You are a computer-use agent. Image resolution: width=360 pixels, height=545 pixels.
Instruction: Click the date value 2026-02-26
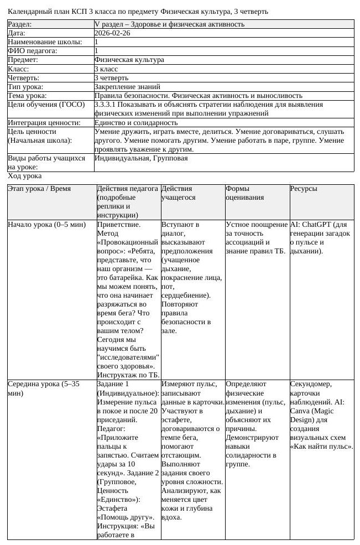pyautogui.click(x=112, y=33)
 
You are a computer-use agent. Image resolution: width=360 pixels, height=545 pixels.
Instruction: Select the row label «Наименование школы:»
pyautogui.click(x=45, y=42)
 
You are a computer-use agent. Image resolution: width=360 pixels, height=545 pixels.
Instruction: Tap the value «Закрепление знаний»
pyautogui.click(x=127, y=87)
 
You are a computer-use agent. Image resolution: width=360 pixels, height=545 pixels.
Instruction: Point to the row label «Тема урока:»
pyautogui.click(x=28, y=96)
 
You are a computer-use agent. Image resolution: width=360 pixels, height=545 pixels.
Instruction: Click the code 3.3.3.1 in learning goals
pyautogui.click(x=105, y=105)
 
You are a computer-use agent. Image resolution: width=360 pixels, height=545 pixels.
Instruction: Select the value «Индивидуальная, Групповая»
pyautogui.click(x=141, y=158)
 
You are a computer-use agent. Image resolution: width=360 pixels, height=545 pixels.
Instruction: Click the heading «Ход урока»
pyautogui.click(x=25, y=176)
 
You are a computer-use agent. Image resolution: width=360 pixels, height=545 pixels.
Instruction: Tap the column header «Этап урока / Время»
pyautogui.click(x=39, y=189)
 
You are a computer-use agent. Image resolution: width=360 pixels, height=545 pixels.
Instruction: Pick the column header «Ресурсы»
pyautogui.click(x=304, y=189)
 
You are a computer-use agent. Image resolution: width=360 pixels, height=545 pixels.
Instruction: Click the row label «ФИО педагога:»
pyautogui.click(x=33, y=51)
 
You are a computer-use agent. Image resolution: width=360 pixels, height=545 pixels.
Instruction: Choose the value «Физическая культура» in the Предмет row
pyautogui.click(x=129, y=60)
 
